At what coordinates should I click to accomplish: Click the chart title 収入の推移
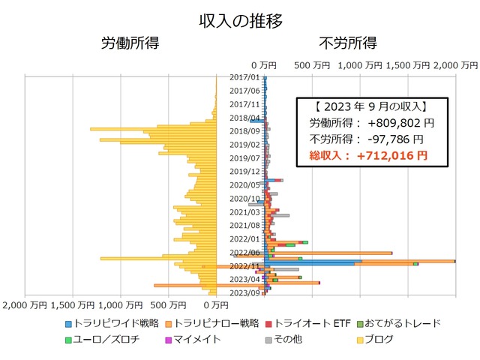pos(240,20)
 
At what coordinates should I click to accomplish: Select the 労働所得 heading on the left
pos(130,43)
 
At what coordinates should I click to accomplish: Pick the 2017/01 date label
pos(244,76)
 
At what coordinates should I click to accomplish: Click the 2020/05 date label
pos(244,184)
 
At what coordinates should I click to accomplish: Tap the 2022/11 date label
pos(244,265)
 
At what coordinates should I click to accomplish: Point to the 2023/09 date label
pos(244,292)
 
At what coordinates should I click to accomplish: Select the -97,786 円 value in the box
pos(395,139)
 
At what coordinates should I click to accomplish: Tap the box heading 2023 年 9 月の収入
pos(373,106)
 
